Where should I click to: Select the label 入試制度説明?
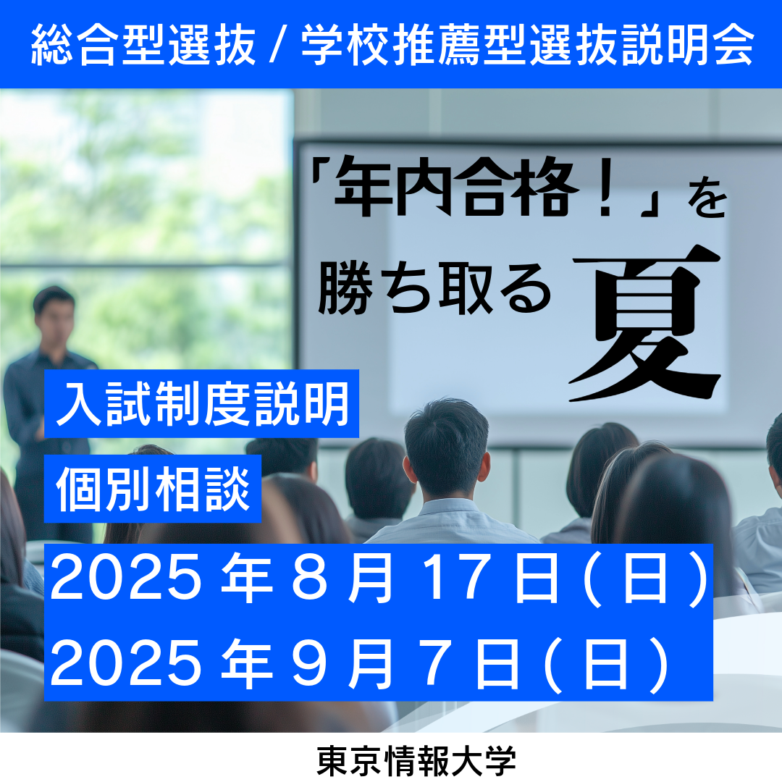[x=202, y=404]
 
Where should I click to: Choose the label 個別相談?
[x=153, y=489]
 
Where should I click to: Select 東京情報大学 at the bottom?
[x=416, y=761]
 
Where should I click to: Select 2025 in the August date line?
[x=126, y=578]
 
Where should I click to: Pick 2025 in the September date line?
[x=126, y=664]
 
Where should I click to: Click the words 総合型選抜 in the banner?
[x=143, y=45]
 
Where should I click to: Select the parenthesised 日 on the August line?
[x=645, y=579]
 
